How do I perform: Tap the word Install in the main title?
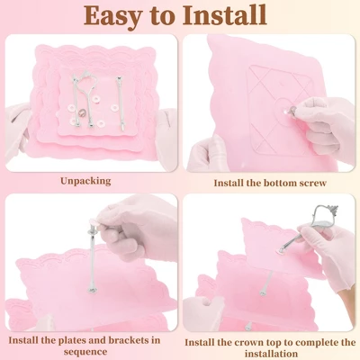(225, 14)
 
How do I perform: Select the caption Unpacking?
(85, 182)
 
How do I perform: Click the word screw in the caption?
(311, 183)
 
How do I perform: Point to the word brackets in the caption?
(127, 340)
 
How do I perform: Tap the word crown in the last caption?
(260, 343)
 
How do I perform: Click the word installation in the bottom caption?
(271, 354)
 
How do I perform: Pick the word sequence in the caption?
(85, 352)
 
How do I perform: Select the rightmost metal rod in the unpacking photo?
(121, 103)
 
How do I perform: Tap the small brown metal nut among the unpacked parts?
(81, 113)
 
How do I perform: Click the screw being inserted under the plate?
(291, 111)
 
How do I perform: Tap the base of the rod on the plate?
(92, 290)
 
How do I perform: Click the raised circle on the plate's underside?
(283, 110)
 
